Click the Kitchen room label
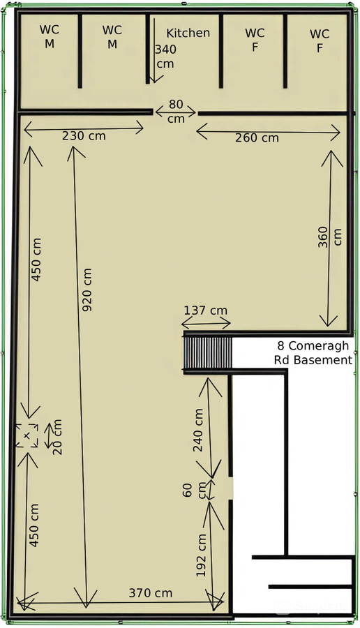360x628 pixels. coord(188,33)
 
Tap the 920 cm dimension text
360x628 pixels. coord(87,290)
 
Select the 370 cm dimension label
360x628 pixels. coord(150,593)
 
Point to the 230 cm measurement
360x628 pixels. coord(84,135)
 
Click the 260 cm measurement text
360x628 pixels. coord(257,137)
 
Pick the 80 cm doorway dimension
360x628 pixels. coord(176,112)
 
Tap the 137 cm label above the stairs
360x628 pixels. coord(206,311)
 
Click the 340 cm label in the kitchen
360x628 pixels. coord(165,56)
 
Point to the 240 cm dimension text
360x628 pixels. coord(198,431)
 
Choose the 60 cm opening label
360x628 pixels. coord(194,491)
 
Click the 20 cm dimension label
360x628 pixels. coord(57,437)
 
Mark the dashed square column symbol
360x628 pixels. coord(27,435)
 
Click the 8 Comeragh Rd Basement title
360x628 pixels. coord(314,353)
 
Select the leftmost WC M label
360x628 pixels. coord(49,36)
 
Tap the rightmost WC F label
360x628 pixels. coord(320,40)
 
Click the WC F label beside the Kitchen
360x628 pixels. coord(255,40)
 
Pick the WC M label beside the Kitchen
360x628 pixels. coord(112,37)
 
